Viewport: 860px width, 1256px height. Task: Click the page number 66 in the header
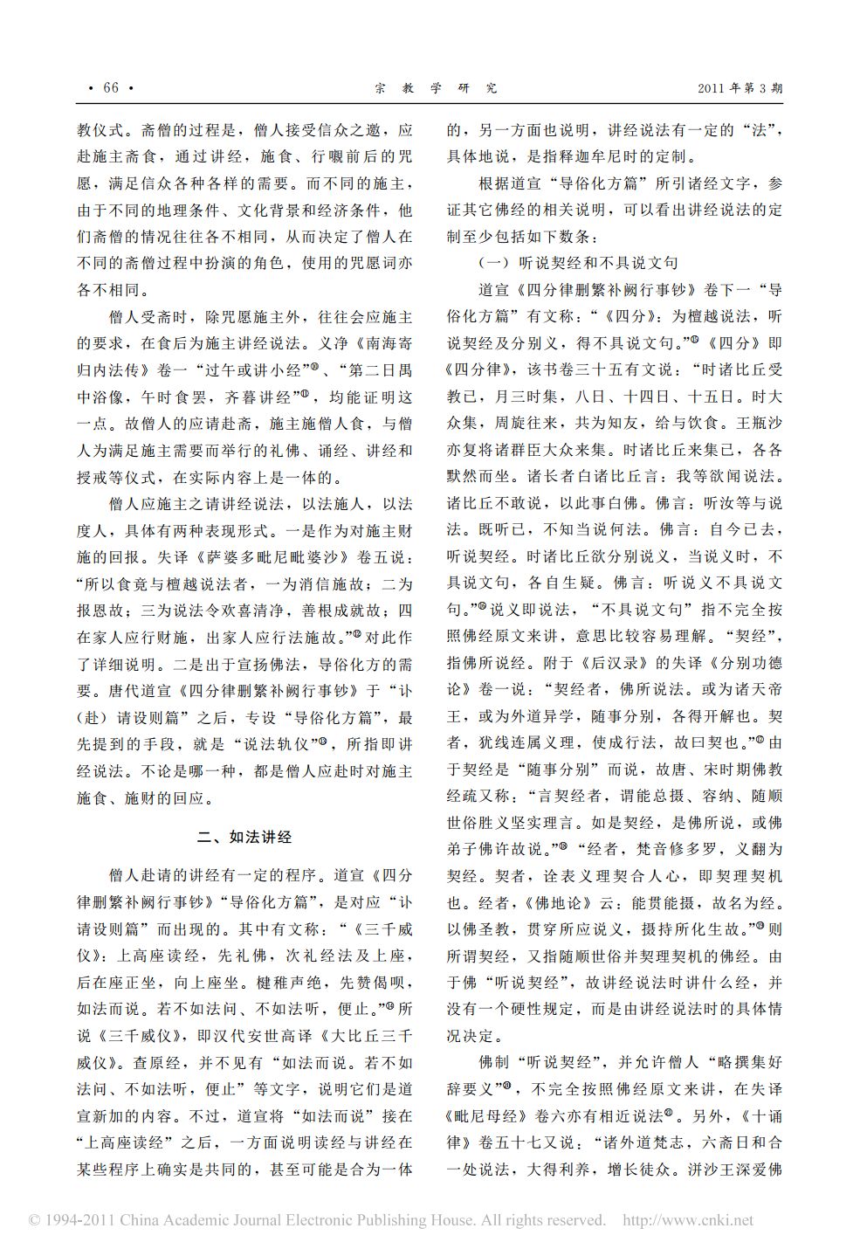point(110,87)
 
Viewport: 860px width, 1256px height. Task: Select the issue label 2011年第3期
point(740,87)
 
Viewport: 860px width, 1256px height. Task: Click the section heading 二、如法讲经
point(244,837)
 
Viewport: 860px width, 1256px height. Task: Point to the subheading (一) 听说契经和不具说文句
point(578,262)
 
